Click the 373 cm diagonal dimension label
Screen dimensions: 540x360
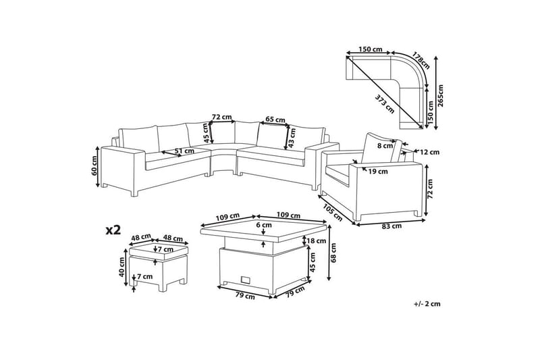point(384,104)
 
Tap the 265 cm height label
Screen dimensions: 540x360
point(441,96)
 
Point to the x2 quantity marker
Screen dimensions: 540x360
point(113,230)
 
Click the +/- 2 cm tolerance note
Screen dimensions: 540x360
point(427,304)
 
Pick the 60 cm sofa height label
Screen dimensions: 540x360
point(94,165)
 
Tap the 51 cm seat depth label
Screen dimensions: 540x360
point(184,151)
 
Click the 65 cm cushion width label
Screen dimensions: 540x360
point(275,120)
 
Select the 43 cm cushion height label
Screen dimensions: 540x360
point(293,138)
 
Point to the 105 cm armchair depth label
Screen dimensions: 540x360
point(332,213)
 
